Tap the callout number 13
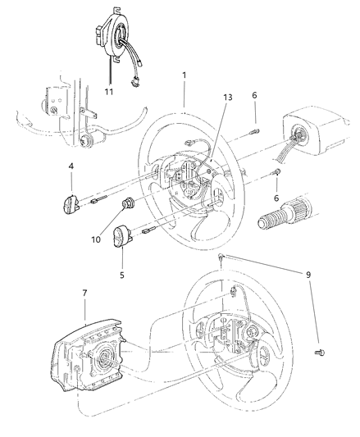(227, 98)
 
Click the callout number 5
(121, 275)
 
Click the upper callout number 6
(254, 96)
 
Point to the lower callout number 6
(276, 198)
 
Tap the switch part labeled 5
(122, 239)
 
